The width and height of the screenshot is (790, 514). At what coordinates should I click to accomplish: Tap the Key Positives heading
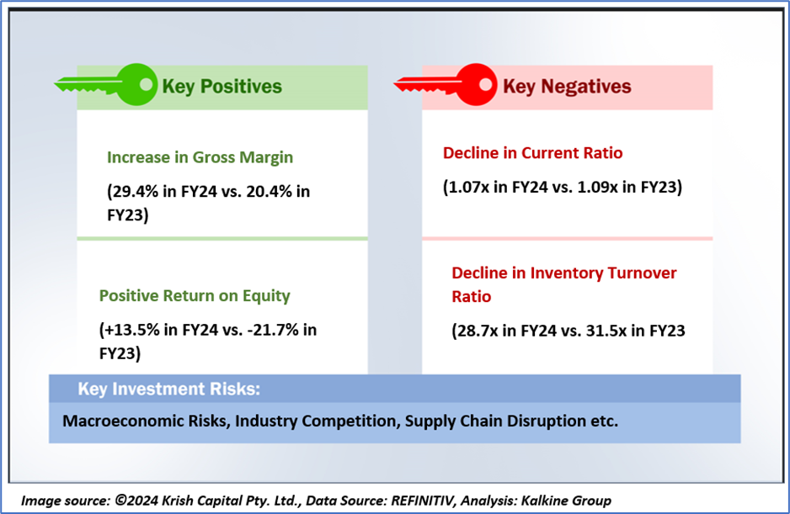coord(222,86)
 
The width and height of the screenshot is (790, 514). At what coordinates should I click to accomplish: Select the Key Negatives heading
coord(567,86)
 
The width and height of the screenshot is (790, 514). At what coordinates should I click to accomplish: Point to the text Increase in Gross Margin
coord(200,157)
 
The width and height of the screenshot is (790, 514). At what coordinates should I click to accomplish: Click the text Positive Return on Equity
coord(195,295)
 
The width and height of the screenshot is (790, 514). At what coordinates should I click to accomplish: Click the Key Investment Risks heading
coord(168,389)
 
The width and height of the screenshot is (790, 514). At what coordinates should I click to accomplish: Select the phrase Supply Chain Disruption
coord(498,420)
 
